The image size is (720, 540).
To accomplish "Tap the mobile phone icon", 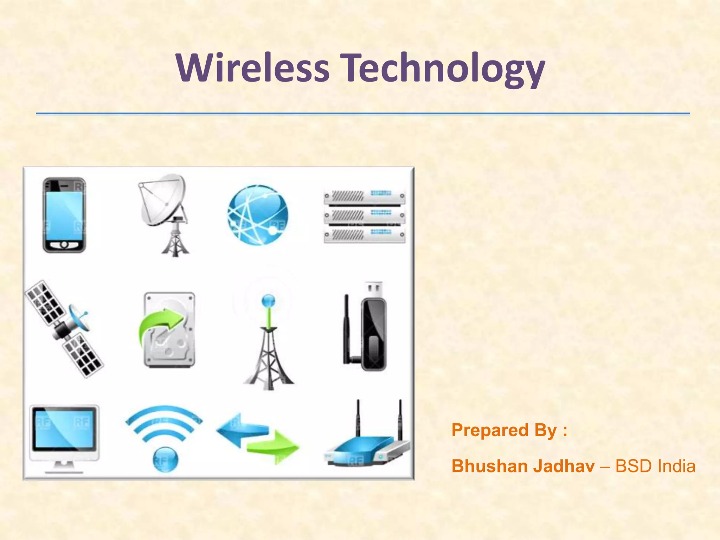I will [x=64, y=215].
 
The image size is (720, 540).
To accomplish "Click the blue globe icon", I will [x=258, y=215].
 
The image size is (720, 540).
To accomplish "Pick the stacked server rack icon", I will [x=364, y=215].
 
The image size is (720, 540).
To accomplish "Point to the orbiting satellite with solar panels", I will [x=64, y=329].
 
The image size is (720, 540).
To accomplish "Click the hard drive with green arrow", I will [x=169, y=330].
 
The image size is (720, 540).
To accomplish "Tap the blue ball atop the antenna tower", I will [x=269, y=301].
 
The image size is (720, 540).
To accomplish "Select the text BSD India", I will [x=655, y=466].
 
